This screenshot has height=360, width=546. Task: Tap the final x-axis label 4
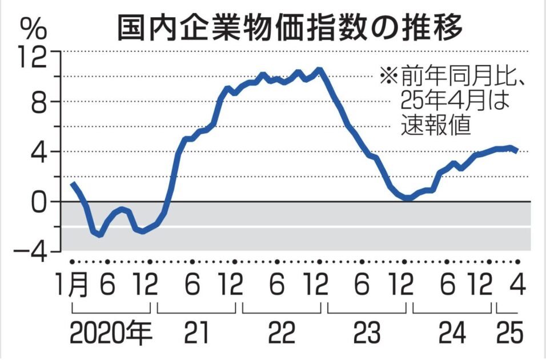click(x=518, y=285)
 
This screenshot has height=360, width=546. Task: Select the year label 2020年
click(x=111, y=335)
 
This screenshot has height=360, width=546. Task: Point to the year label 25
click(x=508, y=335)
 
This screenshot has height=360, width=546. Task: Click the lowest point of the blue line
click(x=101, y=234)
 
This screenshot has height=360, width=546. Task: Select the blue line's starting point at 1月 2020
click(x=73, y=183)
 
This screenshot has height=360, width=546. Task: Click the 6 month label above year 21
click(x=192, y=285)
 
